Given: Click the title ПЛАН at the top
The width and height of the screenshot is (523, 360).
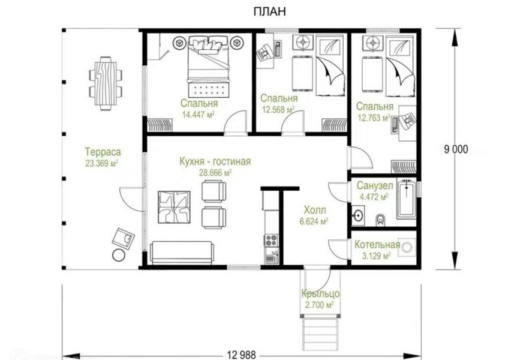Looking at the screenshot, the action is (269, 11).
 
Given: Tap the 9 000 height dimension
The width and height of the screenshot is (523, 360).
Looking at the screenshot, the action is (456, 149).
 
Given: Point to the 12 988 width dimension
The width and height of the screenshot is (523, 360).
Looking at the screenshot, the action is (242, 355).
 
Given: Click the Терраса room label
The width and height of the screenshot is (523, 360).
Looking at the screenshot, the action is (103, 152).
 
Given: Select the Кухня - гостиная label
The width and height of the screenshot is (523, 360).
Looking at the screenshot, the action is (215, 161).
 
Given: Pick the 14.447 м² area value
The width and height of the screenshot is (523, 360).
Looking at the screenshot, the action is (198, 115).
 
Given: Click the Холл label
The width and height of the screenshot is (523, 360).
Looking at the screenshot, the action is (315, 210).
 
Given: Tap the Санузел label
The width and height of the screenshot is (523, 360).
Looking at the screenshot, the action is (375, 185).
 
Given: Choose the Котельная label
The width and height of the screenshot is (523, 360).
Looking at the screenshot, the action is (377, 245).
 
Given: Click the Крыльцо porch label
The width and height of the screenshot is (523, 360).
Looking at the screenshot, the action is (320, 294).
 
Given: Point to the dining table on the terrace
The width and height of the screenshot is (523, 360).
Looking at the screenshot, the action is (106, 83).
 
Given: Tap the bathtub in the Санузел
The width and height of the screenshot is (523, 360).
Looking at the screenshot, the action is (407, 199).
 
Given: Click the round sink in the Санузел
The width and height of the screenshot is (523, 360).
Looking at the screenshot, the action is (358, 215).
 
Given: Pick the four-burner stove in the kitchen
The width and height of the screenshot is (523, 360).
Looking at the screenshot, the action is (271, 240).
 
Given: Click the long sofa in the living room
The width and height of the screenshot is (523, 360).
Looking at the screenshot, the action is (182, 253).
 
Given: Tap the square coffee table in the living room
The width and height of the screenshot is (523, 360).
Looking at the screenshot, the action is (174, 207).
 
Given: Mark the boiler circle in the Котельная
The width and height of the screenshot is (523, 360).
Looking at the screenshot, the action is (407, 247).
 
